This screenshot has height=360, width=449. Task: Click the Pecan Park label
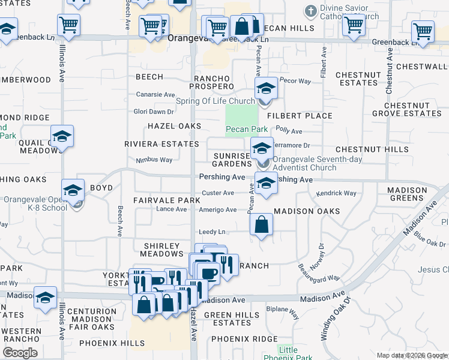coord(246,130)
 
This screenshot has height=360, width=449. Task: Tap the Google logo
coord(20,352)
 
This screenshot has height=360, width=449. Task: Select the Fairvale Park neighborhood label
coord(167,200)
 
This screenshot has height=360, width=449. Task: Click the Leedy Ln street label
coord(212,232)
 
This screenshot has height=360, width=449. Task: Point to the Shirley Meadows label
coord(161,250)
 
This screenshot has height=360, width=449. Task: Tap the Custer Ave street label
coord(218,193)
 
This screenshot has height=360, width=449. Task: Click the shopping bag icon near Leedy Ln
coord(261,225)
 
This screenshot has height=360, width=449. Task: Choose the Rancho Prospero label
coord(212,82)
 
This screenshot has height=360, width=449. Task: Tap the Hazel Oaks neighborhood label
coord(174,126)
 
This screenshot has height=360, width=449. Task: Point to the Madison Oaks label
coord(307,211)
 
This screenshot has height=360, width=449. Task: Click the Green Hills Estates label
coord(227,319)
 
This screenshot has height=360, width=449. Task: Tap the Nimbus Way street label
coord(154,160)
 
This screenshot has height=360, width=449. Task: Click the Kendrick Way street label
coord(336,193)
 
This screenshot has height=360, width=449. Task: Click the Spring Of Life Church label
coord(215,101)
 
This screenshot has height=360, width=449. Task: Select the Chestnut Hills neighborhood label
coord(363,149)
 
